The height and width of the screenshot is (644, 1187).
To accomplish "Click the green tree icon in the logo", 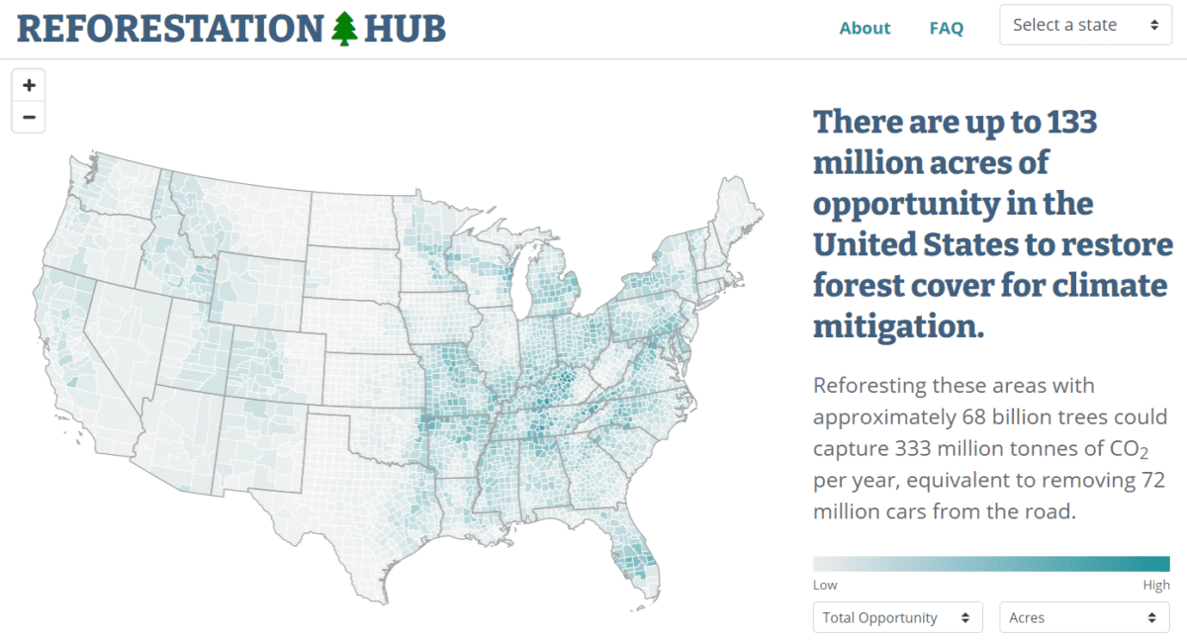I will (x=343, y=28).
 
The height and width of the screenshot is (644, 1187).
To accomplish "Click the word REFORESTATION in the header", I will (x=170, y=28).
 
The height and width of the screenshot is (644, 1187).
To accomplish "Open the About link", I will (x=865, y=28).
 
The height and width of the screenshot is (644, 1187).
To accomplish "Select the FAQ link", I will (x=946, y=28).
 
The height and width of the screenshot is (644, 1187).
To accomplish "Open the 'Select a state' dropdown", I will (x=1085, y=26).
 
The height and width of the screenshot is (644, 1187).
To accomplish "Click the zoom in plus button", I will (x=29, y=85).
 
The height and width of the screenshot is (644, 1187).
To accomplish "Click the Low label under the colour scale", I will (x=825, y=586).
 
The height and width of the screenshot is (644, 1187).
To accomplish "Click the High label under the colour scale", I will (x=1155, y=586).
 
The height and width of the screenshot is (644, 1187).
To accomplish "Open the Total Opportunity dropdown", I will (x=897, y=617).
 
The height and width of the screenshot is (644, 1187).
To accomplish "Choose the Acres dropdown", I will (x=1084, y=617).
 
